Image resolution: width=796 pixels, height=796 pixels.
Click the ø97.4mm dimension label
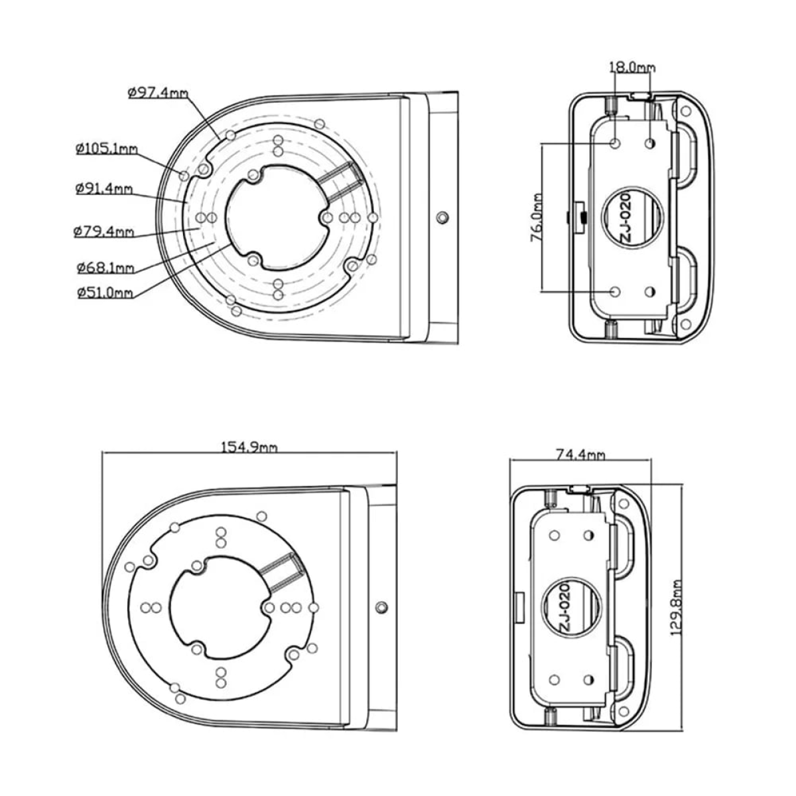tap(157, 93)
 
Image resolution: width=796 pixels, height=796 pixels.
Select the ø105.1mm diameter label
tap(106, 149)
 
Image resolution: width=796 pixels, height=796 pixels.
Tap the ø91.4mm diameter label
tap(104, 188)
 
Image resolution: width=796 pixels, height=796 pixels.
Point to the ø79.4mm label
tap(104, 232)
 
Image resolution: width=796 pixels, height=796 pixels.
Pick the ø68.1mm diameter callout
tap(105, 268)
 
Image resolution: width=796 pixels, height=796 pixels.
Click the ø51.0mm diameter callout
tap(105, 292)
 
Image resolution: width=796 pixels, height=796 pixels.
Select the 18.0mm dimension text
tap(631, 67)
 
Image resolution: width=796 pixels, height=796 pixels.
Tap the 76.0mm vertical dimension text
tap(537, 217)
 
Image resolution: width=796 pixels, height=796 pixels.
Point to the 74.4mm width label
tap(580, 454)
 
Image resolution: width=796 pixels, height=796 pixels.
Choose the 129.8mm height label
tap(677, 608)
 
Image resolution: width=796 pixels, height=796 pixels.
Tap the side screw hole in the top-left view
tap(443, 217)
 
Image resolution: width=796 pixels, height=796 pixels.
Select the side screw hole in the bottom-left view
tap(381, 608)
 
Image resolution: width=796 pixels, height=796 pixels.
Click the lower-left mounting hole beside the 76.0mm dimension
tap(615, 291)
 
